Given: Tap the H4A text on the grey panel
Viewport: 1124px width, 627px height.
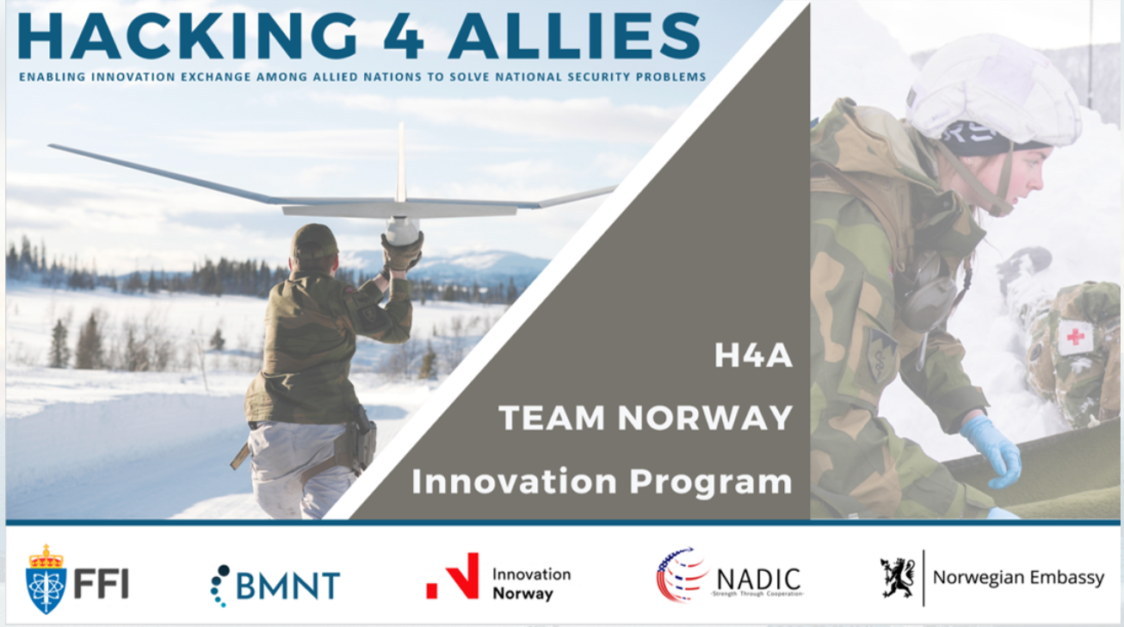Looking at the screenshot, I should tap(753, 356).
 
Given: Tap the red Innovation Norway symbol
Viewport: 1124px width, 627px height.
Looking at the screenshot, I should tap(454, 576).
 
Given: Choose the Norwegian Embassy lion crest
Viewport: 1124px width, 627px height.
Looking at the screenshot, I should tap(896, 576).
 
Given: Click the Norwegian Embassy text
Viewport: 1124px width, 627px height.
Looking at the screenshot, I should tap(1018, 578).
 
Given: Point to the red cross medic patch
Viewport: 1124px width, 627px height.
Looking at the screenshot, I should tap(1074, 337).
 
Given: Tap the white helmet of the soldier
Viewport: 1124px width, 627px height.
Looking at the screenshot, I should tap(994, 91).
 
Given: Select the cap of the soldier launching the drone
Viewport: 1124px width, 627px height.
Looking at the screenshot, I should tap(314, 242).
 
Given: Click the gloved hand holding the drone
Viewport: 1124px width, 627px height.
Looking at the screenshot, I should tap(402, 252).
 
